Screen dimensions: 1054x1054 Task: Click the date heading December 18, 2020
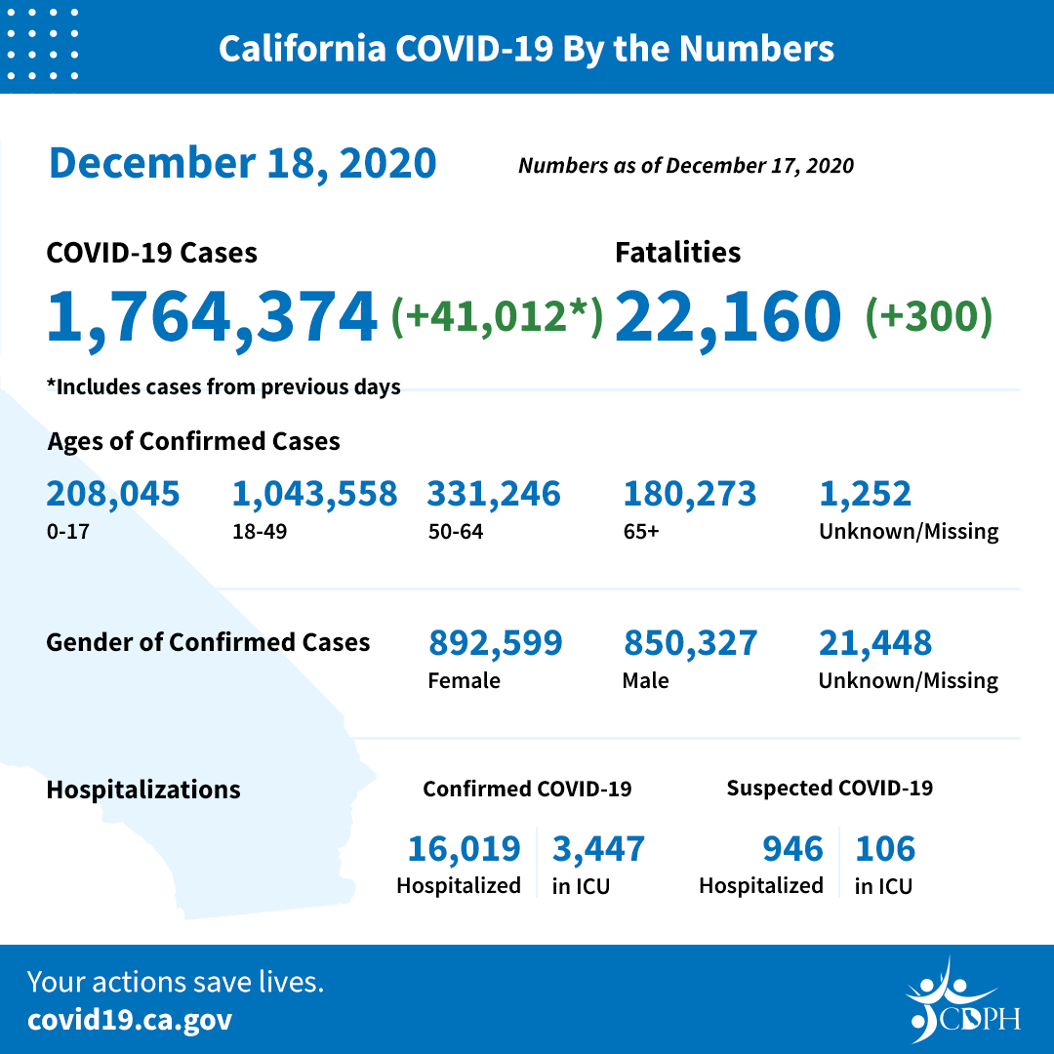point(242,163)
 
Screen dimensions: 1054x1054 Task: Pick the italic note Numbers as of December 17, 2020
point(685,166)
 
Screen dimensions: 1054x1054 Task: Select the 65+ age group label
point(640,532)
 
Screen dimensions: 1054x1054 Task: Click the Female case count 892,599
point(495,643)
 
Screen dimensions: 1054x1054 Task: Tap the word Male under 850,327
point(645,680)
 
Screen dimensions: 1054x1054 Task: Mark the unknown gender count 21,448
point(874,643)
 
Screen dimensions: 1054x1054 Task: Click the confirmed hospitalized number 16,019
point(464,849)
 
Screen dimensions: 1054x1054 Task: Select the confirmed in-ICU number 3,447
point(598,849)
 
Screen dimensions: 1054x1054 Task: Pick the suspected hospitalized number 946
point(792,849)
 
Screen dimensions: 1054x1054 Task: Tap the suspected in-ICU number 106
point(885,849)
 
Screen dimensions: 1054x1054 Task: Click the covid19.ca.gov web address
point(130,1021)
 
